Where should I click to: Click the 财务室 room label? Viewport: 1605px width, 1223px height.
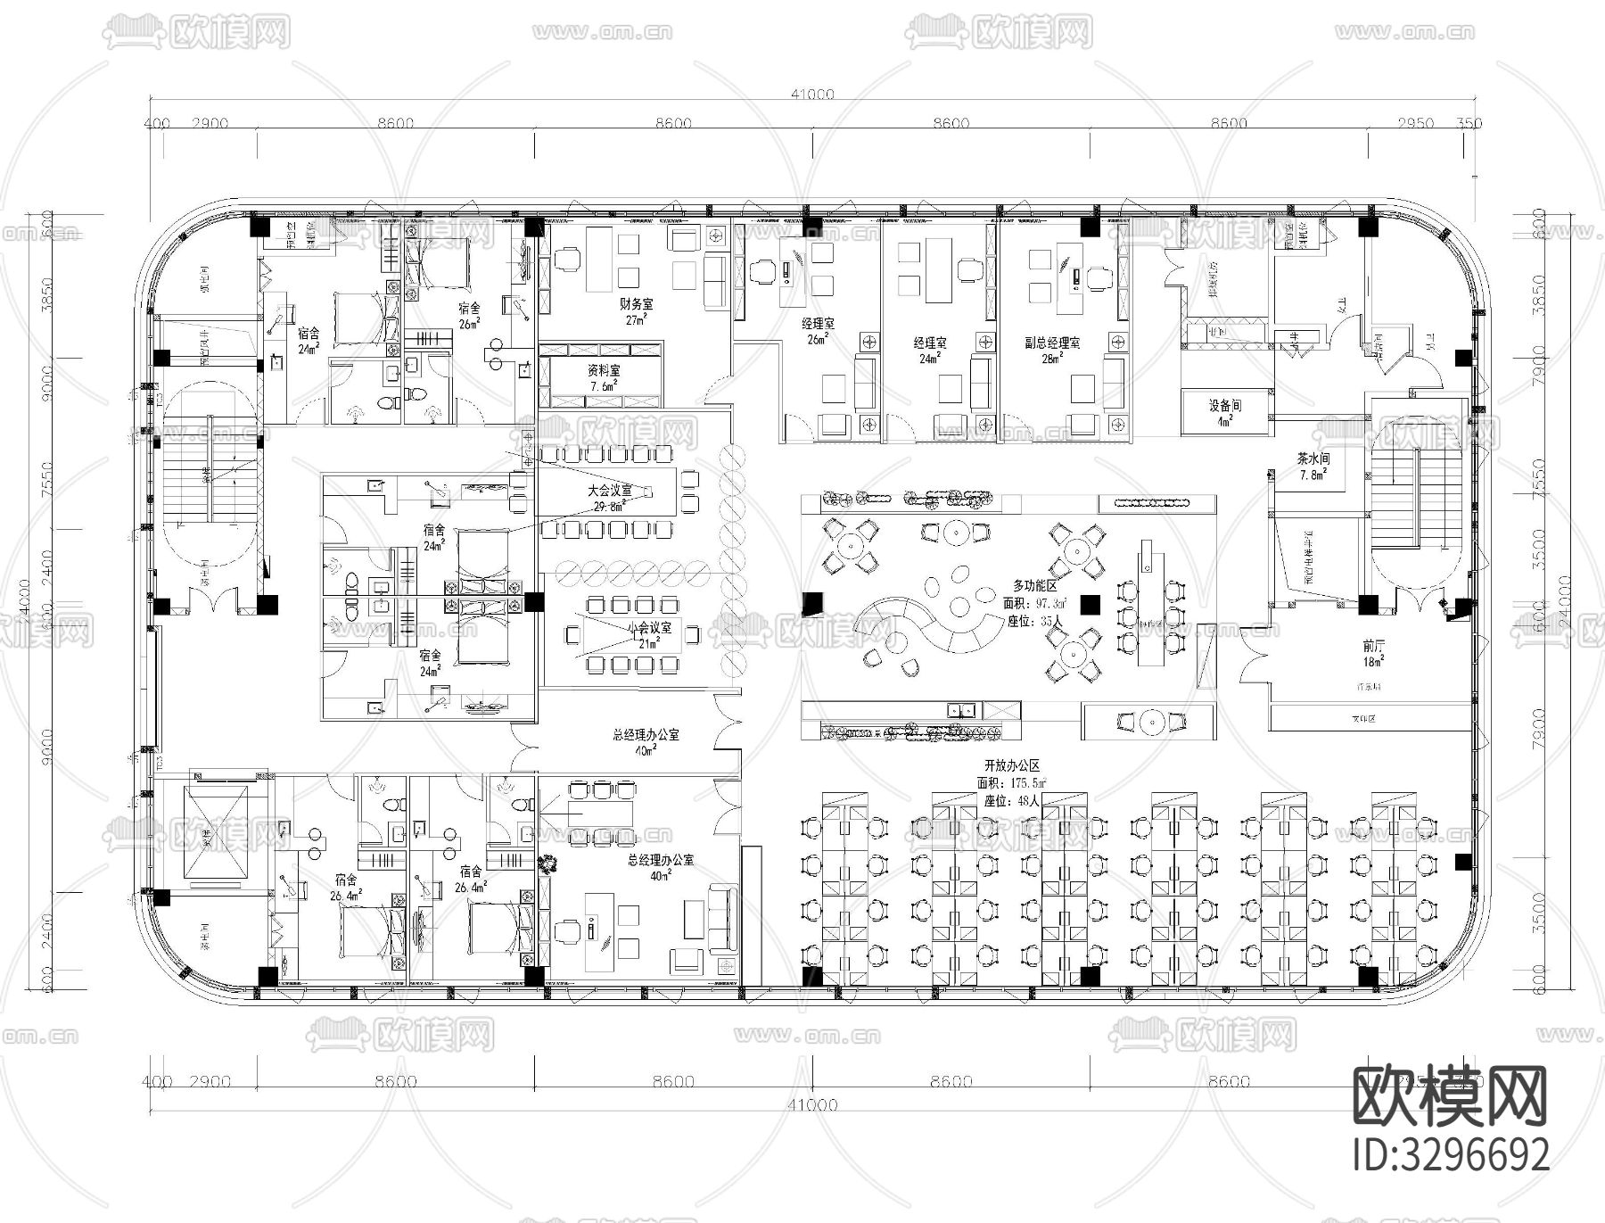pyautogui.click(x=637, y=304)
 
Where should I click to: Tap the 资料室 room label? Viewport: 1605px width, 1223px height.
pyautogui.click(x=604, y=370)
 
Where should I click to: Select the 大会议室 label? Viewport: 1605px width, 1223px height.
pyautogui.click(x=610, y=491)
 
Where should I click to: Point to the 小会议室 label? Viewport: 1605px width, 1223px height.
pyautogui.click(x=650, y=628)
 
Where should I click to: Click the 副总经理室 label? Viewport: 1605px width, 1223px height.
pyautogui.click(x=1052, y=343)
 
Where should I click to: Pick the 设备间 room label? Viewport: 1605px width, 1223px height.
pyautogui.click(x=1225, y=406)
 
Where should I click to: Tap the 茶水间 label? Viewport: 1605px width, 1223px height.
pyautogui.click(x=1313, y=459)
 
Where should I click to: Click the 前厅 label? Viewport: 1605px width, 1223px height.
pyautogui.click(x=1373, y=645)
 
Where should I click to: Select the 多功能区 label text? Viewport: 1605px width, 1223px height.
pyautogui.click(x=1034, y=585)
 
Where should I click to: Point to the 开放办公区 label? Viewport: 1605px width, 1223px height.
pyautogui.click(x=1011, y=766)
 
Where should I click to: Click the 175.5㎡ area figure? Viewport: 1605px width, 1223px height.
pyautogui.click(x=1027, y=783)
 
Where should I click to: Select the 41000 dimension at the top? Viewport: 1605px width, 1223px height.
pyautogui.click(x=811, y=94)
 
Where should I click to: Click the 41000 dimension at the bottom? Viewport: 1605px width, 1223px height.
pyautogui.click(x=811, y=1104)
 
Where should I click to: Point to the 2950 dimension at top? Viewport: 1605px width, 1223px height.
pyautogui.click(x=1416, y=123)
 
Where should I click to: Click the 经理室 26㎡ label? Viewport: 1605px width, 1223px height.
pyautogui.click(x=818, y=323)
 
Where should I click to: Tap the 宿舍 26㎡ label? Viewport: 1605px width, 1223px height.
pyautogui.click(x=470, y=309)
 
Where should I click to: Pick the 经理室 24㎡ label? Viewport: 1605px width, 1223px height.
pyautogui.click(x=930, y=343)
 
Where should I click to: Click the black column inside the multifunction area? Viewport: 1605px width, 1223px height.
pyautogui.click(x=1090, y=605)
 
